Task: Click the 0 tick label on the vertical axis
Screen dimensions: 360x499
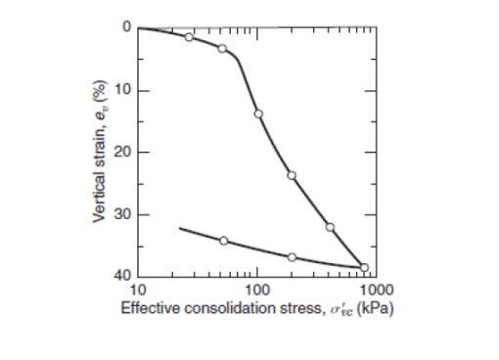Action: point(126,27)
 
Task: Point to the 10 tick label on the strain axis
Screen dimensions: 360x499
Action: point(123,90)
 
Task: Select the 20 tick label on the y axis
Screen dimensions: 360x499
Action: point(123,152)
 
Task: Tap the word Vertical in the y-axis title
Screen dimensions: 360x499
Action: point(100,197)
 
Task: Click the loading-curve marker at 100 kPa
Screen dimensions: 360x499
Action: point(258,113)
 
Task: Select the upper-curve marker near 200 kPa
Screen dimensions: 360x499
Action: point(292,175)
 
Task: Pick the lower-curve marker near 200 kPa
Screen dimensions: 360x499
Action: point(292,257)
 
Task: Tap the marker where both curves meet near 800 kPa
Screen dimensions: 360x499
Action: point(364,267)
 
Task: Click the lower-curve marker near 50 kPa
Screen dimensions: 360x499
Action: point(223,241)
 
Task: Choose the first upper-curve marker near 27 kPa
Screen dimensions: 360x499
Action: point(189,37)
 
